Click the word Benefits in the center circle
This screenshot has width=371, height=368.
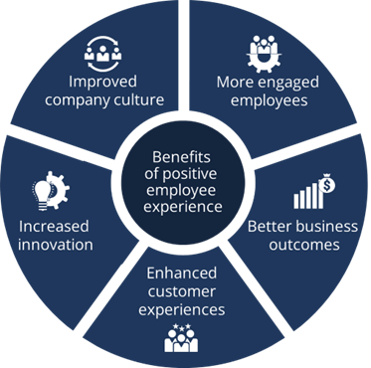[x=184, y=156]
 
